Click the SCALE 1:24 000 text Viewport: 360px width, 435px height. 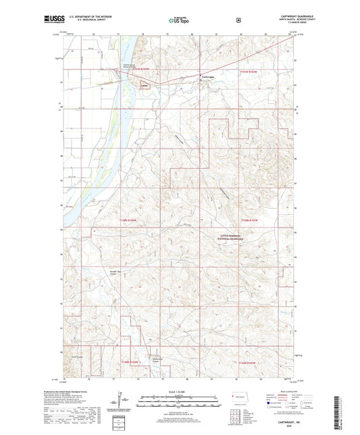pos(179,392)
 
